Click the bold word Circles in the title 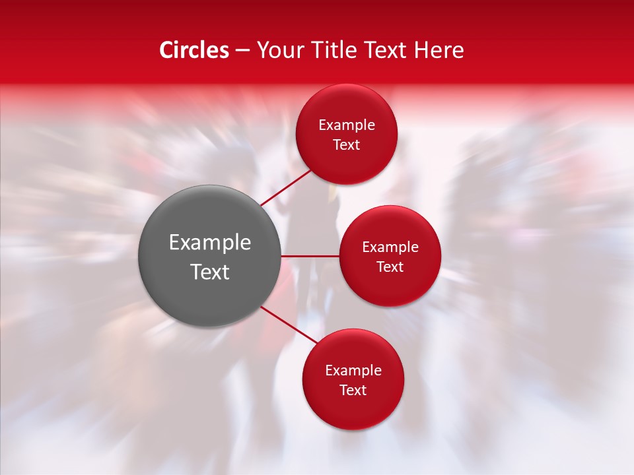tap(194, 49)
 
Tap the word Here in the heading tap(439, 49)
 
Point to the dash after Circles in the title tap(242, 50)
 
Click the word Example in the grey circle tap(210, 243)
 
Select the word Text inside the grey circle tap(210, 272)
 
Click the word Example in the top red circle tap(346, 125)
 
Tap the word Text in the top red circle tap(346, 144)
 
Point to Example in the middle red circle tap(390, 247)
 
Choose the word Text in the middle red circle tap(390, 267)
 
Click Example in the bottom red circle tap(353, 370)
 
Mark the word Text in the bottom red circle tap(353, 390)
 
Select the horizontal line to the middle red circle tap(310, 256)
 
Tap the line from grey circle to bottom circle tap(289, 325)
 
